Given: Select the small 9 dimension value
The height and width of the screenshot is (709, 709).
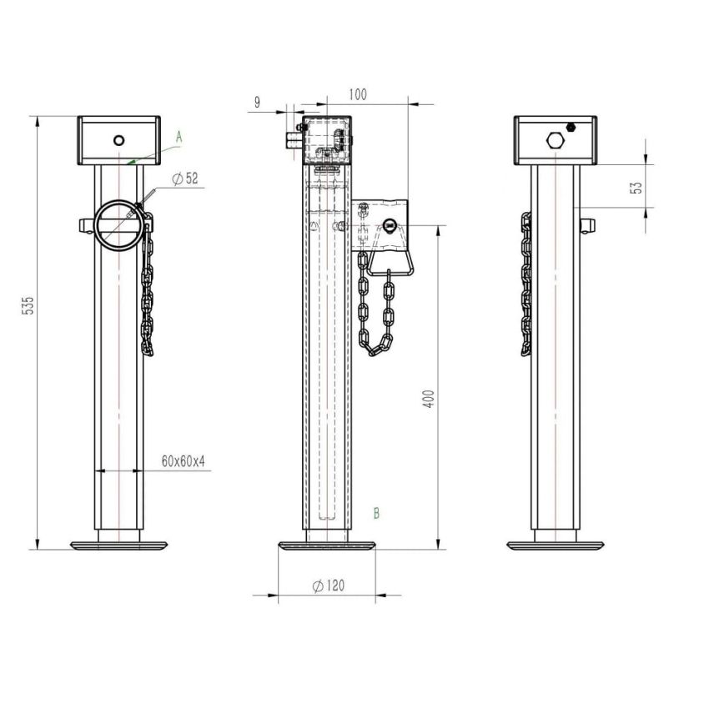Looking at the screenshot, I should tap(257, 103).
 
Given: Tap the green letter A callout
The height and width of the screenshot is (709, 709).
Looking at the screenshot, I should tap(179, 135).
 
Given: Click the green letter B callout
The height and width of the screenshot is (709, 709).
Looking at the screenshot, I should tap(377, 513).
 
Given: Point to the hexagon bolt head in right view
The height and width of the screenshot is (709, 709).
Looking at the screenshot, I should tap(554, 138).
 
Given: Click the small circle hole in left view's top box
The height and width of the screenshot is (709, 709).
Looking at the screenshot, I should tap(119, 139).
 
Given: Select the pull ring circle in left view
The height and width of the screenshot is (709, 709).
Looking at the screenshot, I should tap(114, 224).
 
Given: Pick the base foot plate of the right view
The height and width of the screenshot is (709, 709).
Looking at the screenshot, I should tap(556, 545).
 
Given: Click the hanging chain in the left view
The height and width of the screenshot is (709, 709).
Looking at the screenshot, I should tap(147, 292).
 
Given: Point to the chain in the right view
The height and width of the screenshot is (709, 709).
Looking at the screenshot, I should tap(525, 284).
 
